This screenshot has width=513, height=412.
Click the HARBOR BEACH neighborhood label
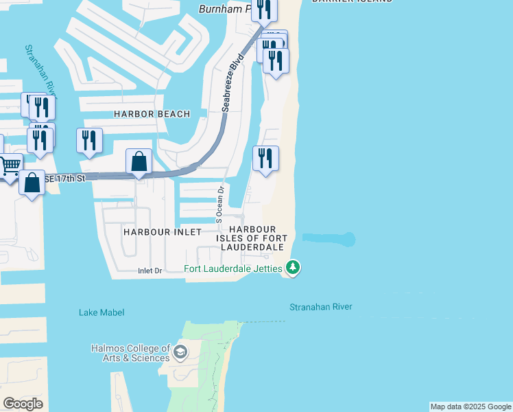click(152, 114)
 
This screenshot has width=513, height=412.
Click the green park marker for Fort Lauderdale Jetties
click(293, 267)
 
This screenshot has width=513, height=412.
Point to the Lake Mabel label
click(102, 312)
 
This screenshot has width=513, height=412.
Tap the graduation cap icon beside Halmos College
click(180, 353)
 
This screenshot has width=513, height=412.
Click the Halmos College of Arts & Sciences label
click(130, 353)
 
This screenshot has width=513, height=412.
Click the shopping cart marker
click(10, 165)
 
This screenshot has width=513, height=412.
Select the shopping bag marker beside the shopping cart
click(32, 183)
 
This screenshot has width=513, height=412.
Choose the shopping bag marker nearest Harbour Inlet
click(139, 162)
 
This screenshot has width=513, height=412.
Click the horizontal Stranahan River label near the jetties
click(320, 307)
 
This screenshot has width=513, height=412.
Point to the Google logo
click(23, 404)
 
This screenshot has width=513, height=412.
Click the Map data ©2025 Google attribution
click(470, 407)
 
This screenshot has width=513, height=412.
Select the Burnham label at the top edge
click(224, 9)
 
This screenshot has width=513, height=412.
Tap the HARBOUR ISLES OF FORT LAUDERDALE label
click(252, 238)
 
